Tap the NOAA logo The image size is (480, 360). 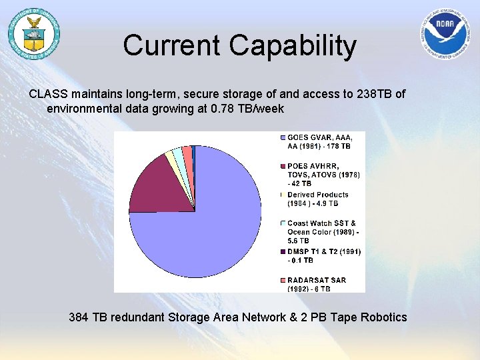(446, 34)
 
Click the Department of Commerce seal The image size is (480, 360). (33, 33)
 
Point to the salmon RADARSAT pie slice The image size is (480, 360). (188, 155)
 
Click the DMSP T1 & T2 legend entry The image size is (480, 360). (323, 255)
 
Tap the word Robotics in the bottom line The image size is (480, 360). (383, 317)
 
